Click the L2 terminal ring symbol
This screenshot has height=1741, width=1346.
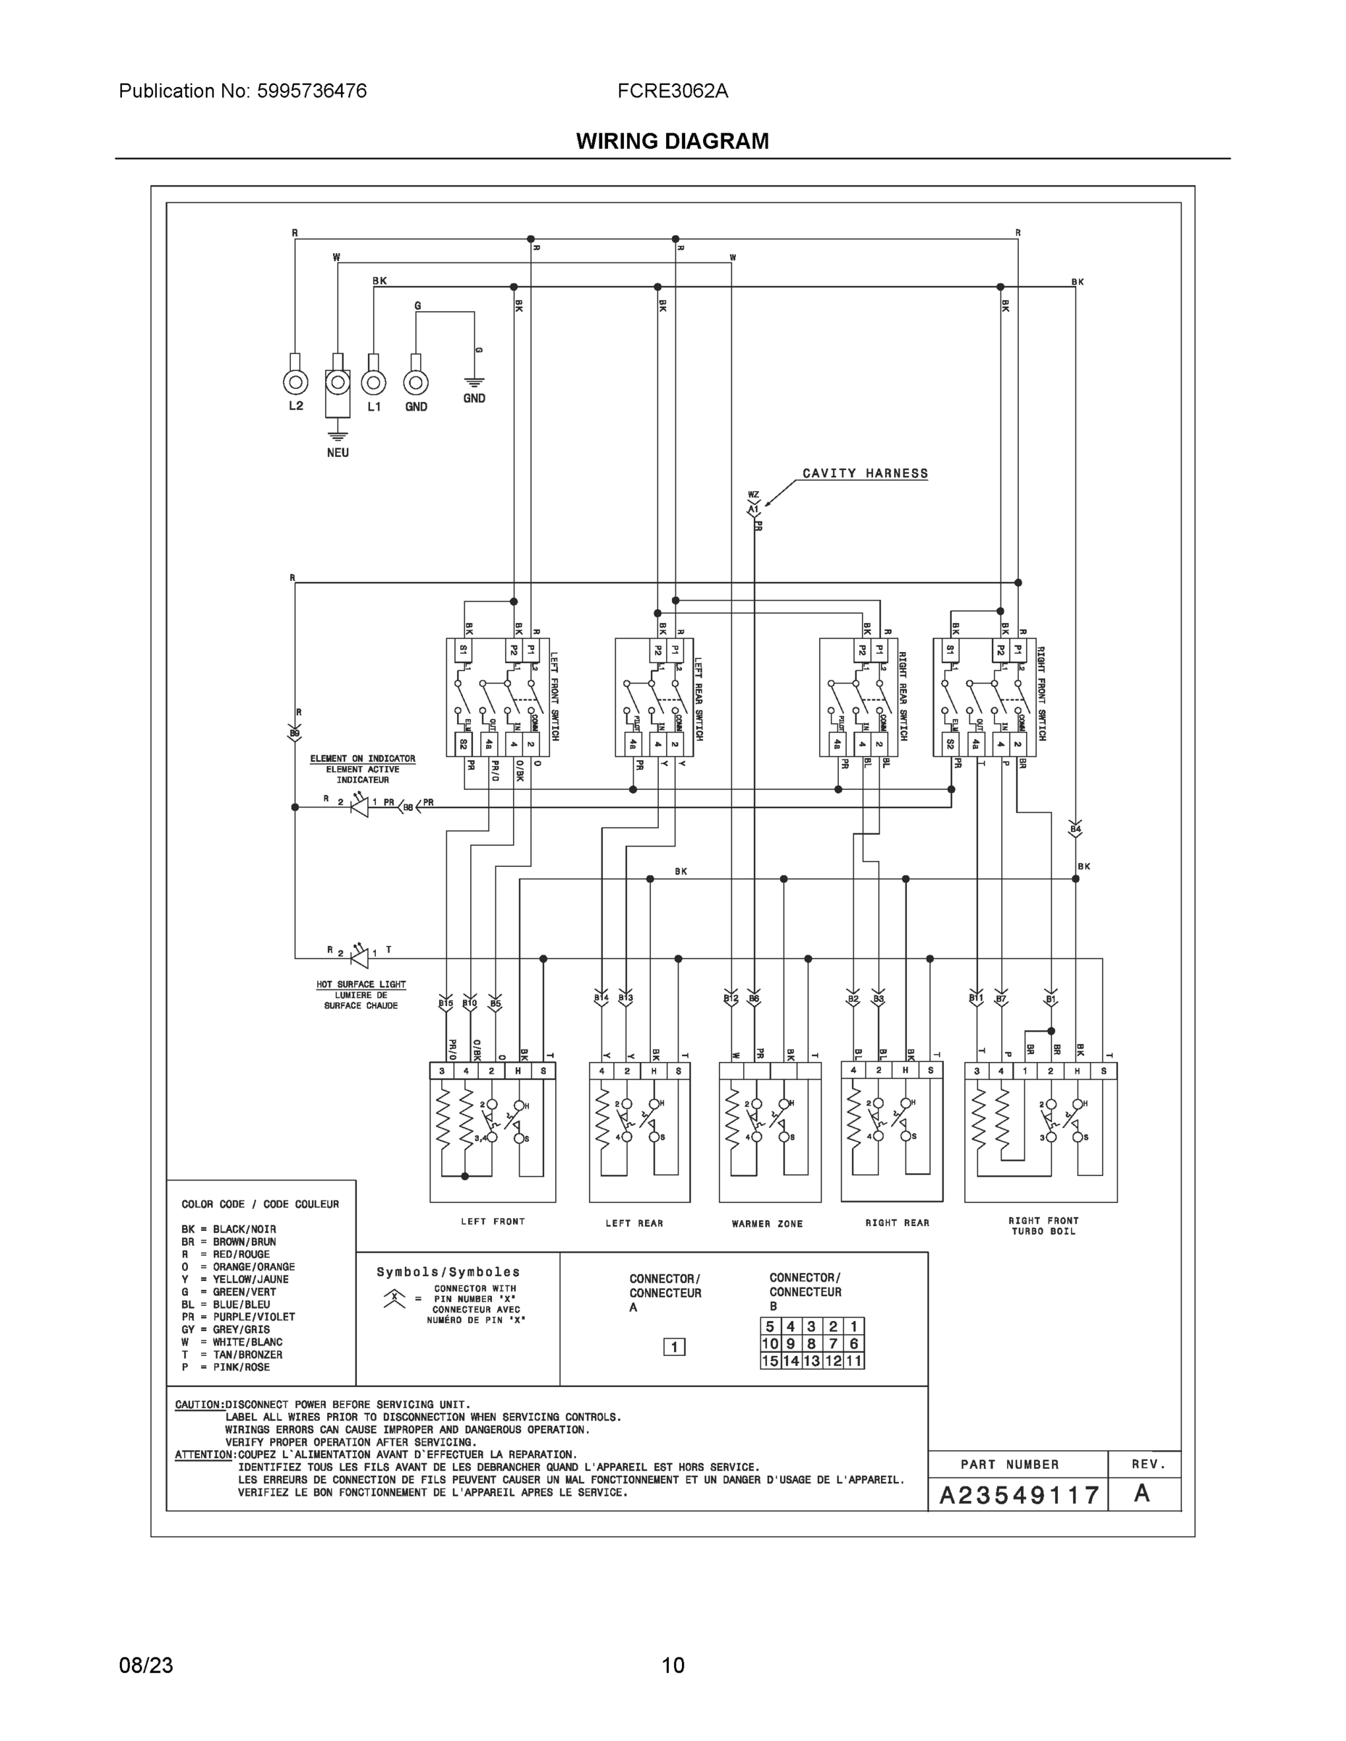(296, 382)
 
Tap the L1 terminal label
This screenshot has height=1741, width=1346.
(374, 406)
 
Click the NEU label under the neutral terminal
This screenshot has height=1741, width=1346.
(337, 453)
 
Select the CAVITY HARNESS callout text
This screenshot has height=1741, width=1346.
(865, 474)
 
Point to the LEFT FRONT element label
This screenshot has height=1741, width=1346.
(493, 1222)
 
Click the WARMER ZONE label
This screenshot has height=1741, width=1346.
(767, 1224)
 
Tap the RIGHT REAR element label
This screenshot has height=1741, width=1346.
(897, 1222)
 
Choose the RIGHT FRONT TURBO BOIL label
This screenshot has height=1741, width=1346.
(1043, 1226)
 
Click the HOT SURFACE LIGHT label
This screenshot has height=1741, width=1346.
(361, 984)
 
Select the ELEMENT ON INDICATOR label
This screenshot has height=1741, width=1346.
(363, 759)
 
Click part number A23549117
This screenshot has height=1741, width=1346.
(1019, 1494)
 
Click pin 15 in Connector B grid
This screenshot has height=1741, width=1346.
(769, 1361)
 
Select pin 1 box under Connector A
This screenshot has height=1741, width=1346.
(674, 1347)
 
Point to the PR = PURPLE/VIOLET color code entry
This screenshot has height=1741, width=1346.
(237, 1317)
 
